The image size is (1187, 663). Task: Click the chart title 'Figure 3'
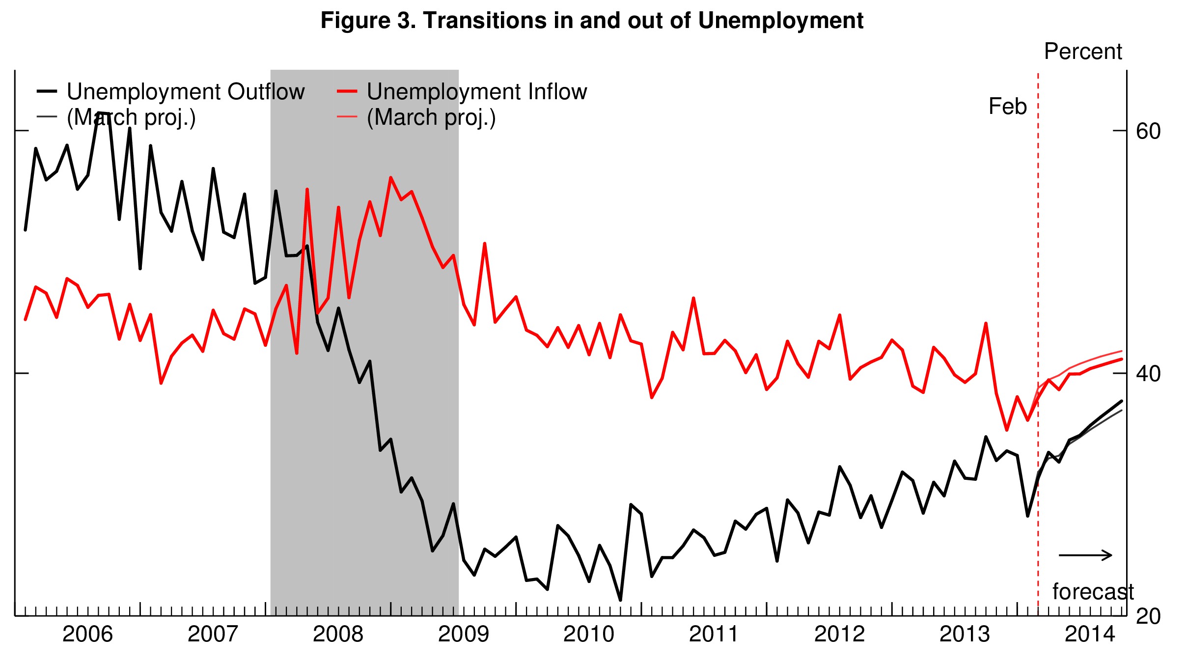click(x=592, y=21)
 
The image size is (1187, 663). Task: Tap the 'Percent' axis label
click(x=1082, y=51)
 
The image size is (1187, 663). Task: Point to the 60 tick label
click(x=1148, y=131)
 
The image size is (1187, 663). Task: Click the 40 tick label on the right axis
click(x=1148, y=374)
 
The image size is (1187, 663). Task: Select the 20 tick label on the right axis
click(x=1148, y=616)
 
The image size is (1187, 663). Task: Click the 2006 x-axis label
click(x=87, y=634)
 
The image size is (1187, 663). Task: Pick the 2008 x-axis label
click(x=338, y=634)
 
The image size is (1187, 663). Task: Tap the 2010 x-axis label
click(x=588, y=634)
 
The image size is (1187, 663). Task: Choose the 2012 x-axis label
click(x=839, y=634)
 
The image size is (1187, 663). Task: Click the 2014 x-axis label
click(x=1090, y=634)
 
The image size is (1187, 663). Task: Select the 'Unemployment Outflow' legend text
click(x=186, y=92)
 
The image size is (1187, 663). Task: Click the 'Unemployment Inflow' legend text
click(x=476, y=92)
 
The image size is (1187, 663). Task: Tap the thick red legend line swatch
click(x=347, y=91)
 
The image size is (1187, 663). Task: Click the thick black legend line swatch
click(x=47, y=91)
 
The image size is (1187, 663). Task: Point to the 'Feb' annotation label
click(x=1007, y=107)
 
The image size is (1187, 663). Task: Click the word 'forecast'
click(x=1093, y=592)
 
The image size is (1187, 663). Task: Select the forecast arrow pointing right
click(x=1085, y=555)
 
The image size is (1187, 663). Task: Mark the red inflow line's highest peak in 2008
click(x=390, y=178)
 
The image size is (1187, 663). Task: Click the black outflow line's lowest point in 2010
click(x=620, y=600)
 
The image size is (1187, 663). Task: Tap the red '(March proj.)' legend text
click(x=431, y=117)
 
